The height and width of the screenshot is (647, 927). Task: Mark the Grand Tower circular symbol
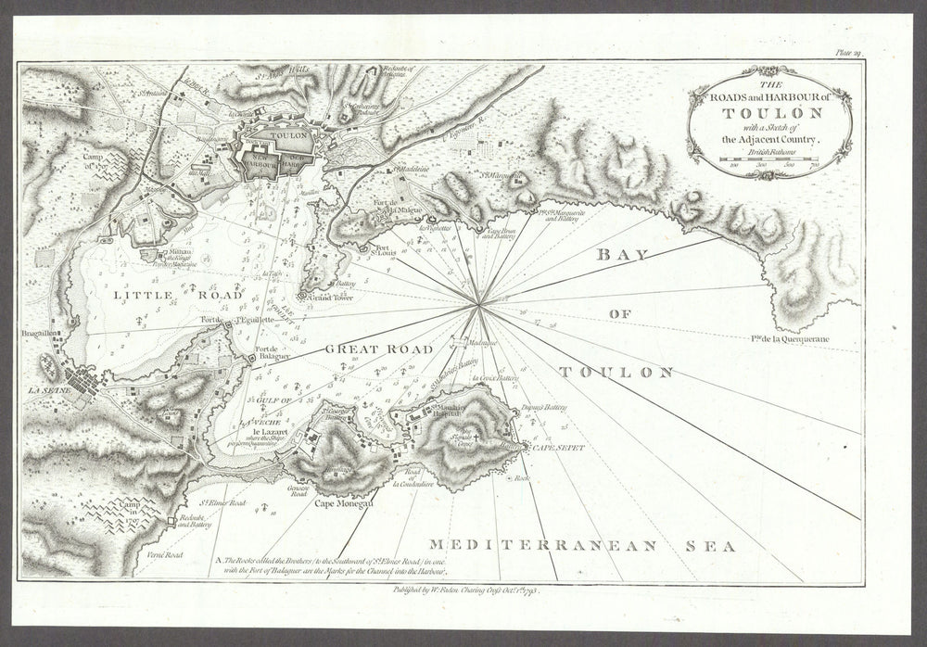300,296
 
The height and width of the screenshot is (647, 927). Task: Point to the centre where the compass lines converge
478,302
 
